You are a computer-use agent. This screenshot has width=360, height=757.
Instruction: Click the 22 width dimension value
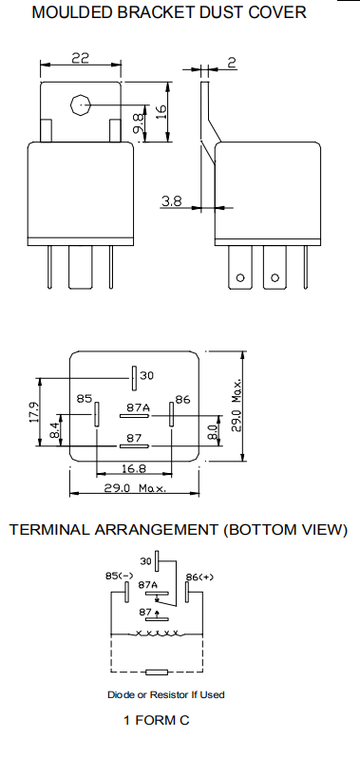point(80,59)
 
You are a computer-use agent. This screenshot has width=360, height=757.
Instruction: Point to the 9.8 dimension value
point(139,121)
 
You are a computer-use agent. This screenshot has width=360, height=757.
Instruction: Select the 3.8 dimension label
point(172,200)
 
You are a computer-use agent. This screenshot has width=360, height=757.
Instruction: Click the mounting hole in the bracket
point(81,105)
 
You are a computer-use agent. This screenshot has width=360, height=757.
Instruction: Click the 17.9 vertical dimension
point(33,412)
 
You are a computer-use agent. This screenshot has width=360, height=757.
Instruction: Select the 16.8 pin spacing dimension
point(133,468)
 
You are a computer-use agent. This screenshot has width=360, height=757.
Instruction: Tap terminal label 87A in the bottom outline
point(137,407)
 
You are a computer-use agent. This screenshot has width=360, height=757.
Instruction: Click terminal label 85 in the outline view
point(85,399)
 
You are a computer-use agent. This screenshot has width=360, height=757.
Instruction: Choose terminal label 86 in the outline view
point(183,399)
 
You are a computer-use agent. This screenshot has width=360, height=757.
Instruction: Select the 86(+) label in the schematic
point(199,577)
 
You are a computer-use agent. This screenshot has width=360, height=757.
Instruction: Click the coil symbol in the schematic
point(159,633)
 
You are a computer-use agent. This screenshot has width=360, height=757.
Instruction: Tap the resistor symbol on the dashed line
point(159,671)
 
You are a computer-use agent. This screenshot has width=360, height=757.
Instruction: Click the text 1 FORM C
point(157,721)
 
